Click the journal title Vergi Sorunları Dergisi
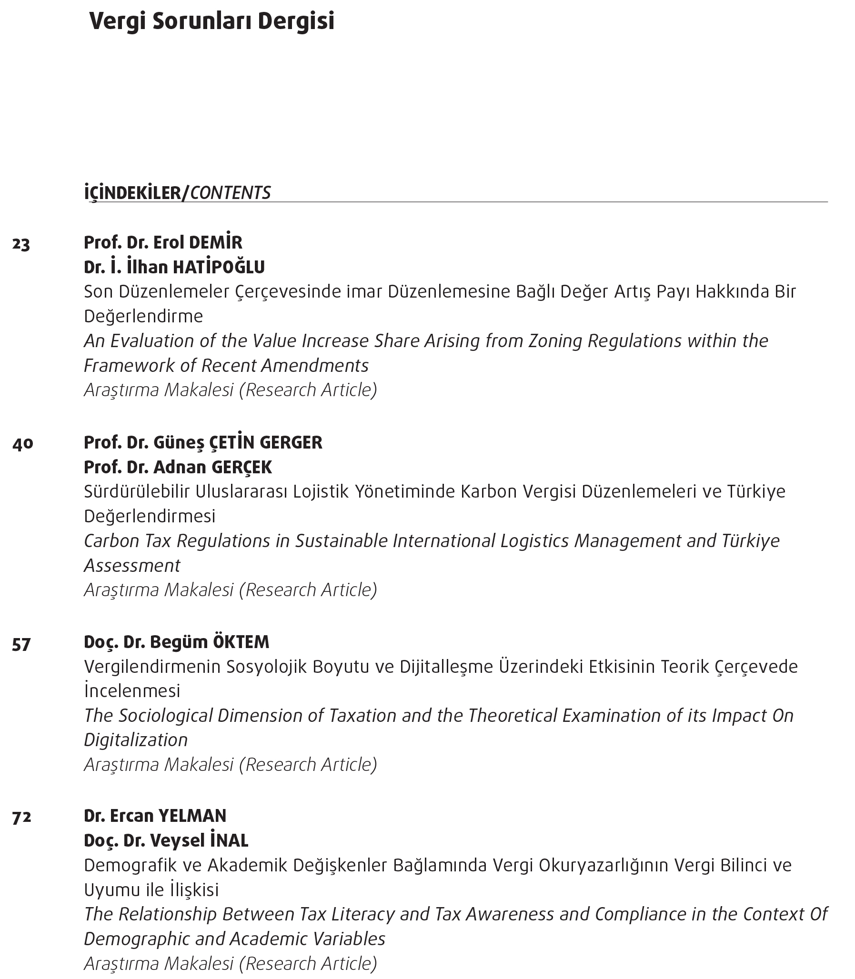[x=212, y=22]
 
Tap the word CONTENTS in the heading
[x=230, y=193]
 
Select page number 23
[x=21, y=245]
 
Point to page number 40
[x=22, y=444]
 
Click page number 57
[x=21, y=645]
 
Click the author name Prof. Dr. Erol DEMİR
[x=163, y=242]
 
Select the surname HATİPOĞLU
[x=219, y=268]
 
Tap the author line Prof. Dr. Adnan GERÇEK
[x=178, y=467]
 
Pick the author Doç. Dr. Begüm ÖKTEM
[x=177, y=642]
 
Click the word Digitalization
[x=136, y=740]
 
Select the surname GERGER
[x=291, y=442]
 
